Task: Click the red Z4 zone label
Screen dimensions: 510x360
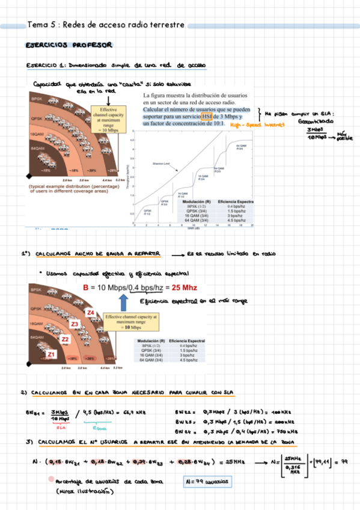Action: pyautogui.click(x=90, y=312)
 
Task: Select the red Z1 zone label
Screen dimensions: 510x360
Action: pyautogui.click(x=52, y=354)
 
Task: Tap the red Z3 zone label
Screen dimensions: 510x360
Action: pyautogui.click(x=75, y=324)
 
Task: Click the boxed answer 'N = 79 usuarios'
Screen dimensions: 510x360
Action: pyautogui.click(x=207, y=481)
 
